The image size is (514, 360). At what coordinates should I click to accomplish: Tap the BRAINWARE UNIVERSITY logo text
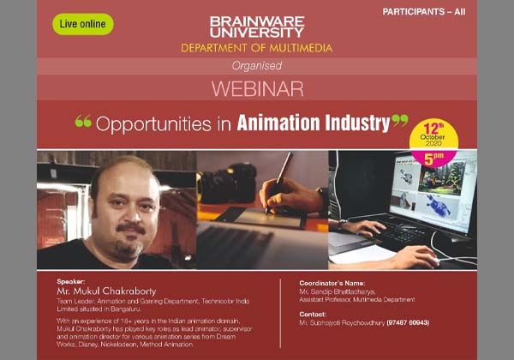point(256,25)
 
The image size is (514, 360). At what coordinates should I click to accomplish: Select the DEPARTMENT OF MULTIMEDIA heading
point(256,48)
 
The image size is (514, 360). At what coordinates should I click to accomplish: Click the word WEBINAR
point(256,88)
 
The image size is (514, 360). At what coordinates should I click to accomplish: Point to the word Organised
point(256,65)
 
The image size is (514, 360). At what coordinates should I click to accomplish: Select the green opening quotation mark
point(83,121)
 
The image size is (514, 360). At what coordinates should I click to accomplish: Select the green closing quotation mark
point(399,121)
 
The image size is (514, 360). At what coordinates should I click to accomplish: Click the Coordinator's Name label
point(334,282)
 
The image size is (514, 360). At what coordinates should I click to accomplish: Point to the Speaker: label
point(72,280)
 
